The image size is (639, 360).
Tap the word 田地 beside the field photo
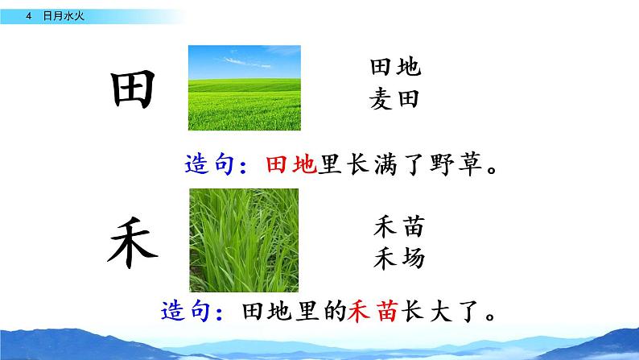[395, 68]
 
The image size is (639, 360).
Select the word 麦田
[395, 99]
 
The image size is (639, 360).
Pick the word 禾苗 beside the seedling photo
[399, 228]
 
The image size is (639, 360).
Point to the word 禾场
[399, 259]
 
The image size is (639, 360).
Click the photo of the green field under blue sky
[244, 88]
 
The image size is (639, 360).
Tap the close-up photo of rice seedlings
[244, 239]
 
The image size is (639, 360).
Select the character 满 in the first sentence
[387, 166]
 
